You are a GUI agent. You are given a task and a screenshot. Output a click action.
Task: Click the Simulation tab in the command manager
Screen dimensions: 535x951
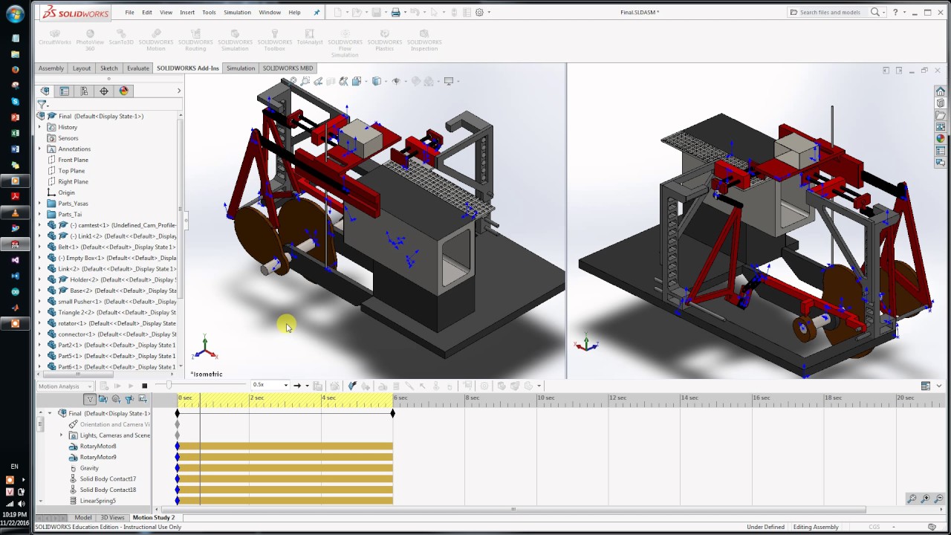[240, 68]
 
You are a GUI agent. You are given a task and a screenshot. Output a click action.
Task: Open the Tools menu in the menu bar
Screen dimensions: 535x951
[209, 13]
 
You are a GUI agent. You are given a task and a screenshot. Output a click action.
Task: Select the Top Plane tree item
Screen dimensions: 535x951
[71, 171]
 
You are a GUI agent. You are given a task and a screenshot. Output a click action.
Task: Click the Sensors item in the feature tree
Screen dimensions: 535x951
[68, 138]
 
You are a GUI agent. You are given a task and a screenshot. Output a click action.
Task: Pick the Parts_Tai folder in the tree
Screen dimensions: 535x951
[70, 214]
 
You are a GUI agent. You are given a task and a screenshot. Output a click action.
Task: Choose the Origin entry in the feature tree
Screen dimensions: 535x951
[66, 192]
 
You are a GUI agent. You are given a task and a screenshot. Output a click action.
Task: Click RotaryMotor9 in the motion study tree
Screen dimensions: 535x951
[98, 457]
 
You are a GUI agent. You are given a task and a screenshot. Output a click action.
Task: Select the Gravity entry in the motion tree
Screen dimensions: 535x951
[89, 468]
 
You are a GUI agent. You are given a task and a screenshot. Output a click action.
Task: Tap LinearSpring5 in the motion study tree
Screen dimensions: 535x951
[97, 501]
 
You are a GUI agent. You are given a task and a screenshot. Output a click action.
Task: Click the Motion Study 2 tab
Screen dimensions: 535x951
[153, 517]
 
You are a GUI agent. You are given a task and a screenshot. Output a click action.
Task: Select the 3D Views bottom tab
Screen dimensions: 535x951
[112, 517]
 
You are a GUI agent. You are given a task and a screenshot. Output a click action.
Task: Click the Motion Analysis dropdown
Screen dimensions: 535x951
[65, 386]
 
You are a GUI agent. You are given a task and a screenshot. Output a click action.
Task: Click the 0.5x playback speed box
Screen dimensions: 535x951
[269, 386]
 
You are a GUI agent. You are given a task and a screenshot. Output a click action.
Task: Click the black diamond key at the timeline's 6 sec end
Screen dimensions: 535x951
[393, 413]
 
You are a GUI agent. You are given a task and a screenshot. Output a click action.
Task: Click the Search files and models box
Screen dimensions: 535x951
[830, 13]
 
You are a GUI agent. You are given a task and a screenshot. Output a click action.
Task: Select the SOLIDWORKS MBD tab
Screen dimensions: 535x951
[288, 68]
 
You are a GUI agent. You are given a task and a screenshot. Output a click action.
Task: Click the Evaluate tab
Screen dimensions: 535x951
[137, 68]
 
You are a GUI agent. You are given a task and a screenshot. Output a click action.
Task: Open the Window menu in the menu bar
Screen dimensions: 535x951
[270, 13]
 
